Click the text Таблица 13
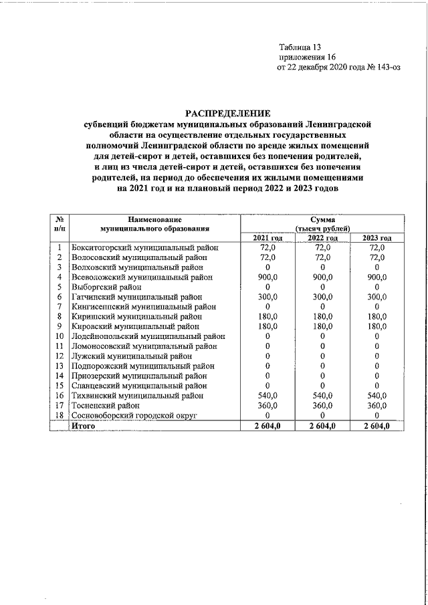[x=300, y=47]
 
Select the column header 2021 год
[x=267, y=238]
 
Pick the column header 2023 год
[x=377, y=238]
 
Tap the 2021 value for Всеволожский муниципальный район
[x=267, y=277]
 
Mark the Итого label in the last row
[x=84, y=425]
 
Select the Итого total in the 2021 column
[x=267, y=425]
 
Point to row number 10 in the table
[x=60, y=336]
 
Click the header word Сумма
[x=322, y=219]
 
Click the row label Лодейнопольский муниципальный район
[x=148, y=336]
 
